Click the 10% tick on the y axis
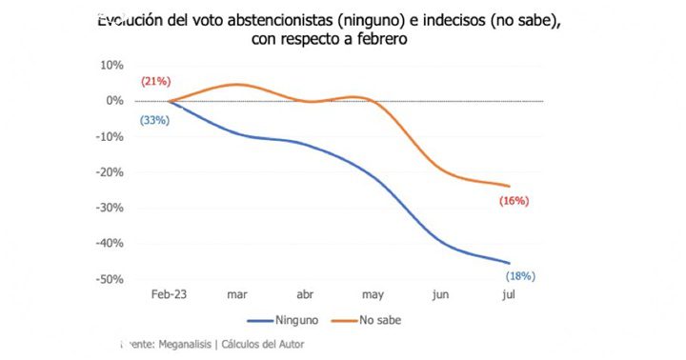[111, 65]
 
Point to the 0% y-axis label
[114, 101]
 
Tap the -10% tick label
[110, 136]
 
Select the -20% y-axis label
[110, 172]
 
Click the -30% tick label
[110, 208]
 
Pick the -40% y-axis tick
[110, 244]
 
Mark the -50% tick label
[110, 279]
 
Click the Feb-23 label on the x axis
[170, 295]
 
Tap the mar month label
[237, 295]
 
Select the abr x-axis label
[305, 295]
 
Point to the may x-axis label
[373, 295]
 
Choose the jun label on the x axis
[441, 295]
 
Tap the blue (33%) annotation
[154, 120]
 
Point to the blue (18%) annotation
[520, 276]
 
